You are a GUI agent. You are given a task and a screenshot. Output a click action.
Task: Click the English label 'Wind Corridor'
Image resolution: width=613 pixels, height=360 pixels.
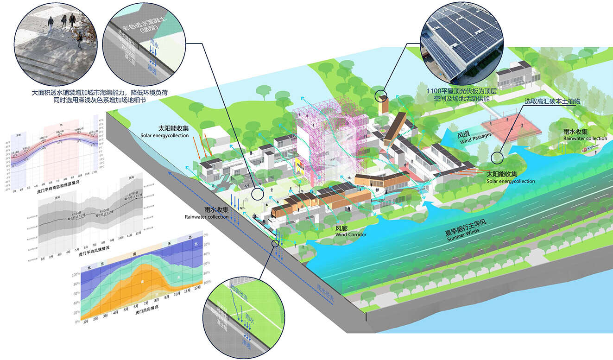[x=351, y=235]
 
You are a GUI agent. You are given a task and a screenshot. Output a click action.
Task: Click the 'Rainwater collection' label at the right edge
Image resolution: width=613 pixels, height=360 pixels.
[x=585, y=139]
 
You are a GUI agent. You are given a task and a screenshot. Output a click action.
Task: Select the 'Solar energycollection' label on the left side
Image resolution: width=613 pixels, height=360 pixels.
[x=164, y=136]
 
